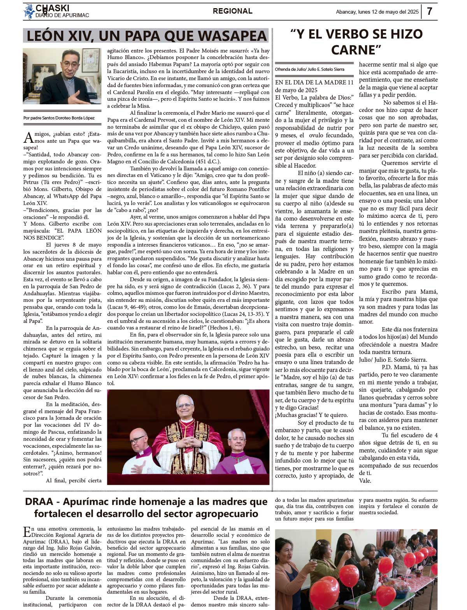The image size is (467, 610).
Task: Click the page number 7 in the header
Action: [x=429, y=11]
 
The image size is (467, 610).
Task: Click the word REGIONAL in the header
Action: [x=232, y=11]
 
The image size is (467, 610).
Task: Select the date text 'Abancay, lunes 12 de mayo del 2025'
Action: [x=377, y=12]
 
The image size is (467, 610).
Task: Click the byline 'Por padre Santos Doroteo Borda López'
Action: [x=59, y=118]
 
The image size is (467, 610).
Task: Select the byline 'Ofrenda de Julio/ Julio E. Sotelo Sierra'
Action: [x=309, y=69]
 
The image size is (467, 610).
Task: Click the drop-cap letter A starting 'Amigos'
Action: [x=28, y=138]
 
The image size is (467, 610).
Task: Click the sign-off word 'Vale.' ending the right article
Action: [x=365, y=481]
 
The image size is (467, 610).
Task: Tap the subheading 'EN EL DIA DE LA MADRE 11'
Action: [x=314, y=82]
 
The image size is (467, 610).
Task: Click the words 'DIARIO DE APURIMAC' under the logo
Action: [x=62, y=16]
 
